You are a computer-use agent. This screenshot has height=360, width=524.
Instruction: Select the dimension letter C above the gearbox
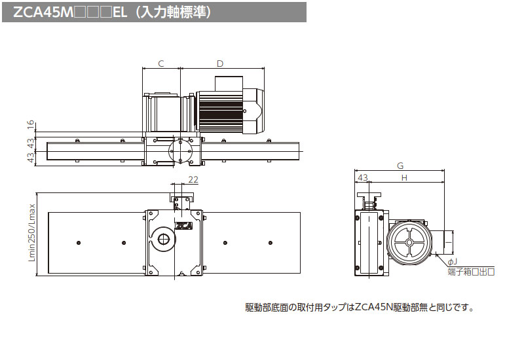coord(160,63)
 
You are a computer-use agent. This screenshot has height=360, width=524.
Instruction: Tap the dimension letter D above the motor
coord(220,63)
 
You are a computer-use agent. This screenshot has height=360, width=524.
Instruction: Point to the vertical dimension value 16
coord(30,124)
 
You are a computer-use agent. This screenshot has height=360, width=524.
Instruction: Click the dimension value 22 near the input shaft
coord(193,180)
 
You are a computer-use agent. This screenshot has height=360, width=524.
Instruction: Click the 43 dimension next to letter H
coord(363,177)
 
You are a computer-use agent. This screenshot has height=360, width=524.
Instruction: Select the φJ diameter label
coord(452,262)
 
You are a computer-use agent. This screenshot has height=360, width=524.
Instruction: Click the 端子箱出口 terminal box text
coord(470,271)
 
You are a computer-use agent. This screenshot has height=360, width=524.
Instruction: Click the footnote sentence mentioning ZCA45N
coord(359,307)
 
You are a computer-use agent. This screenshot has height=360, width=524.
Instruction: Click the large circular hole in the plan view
coord(163,240)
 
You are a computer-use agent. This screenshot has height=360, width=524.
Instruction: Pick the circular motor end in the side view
coord(409,242)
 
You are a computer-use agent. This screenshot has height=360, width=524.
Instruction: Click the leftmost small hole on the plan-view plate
coord(78,243)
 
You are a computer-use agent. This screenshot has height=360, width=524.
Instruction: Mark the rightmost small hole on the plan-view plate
coord(270,243)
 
